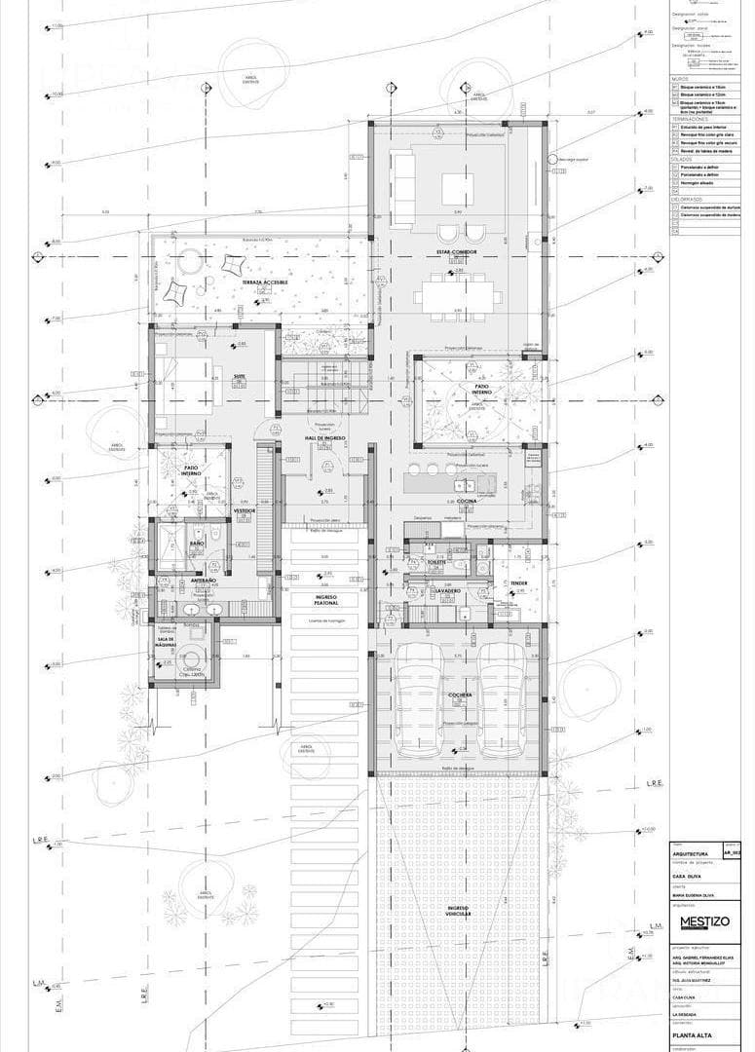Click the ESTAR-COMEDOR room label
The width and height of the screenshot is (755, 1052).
(457, 252)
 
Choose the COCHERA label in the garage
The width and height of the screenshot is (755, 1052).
(460, 695)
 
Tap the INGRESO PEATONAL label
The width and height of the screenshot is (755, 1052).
(325, 600)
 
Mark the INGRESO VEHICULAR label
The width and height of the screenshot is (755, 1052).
(459, 913)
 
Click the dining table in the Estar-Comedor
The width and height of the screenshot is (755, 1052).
(457, 293)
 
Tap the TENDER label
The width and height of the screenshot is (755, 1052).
(518, 583)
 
